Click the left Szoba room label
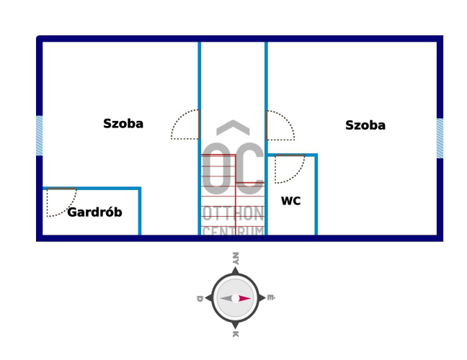(x=123, y=123)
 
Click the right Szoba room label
(x=365, y=125)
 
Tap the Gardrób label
(x=94, y=212)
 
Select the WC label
(x=290, y=202)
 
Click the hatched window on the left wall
(x=40, y=135)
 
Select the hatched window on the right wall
(x=440, y=138)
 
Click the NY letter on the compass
(x=235, y=258)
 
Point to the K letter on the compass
(x=235, y=334)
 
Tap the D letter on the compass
(x=199, y=297)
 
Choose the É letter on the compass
(x=270, y=297)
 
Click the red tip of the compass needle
(x=246, y=298)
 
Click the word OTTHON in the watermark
(x=233, y=214)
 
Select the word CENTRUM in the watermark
(x=233, y=231)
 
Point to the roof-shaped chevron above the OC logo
(x=233, y=127)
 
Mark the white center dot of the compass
(x=235, y=298)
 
